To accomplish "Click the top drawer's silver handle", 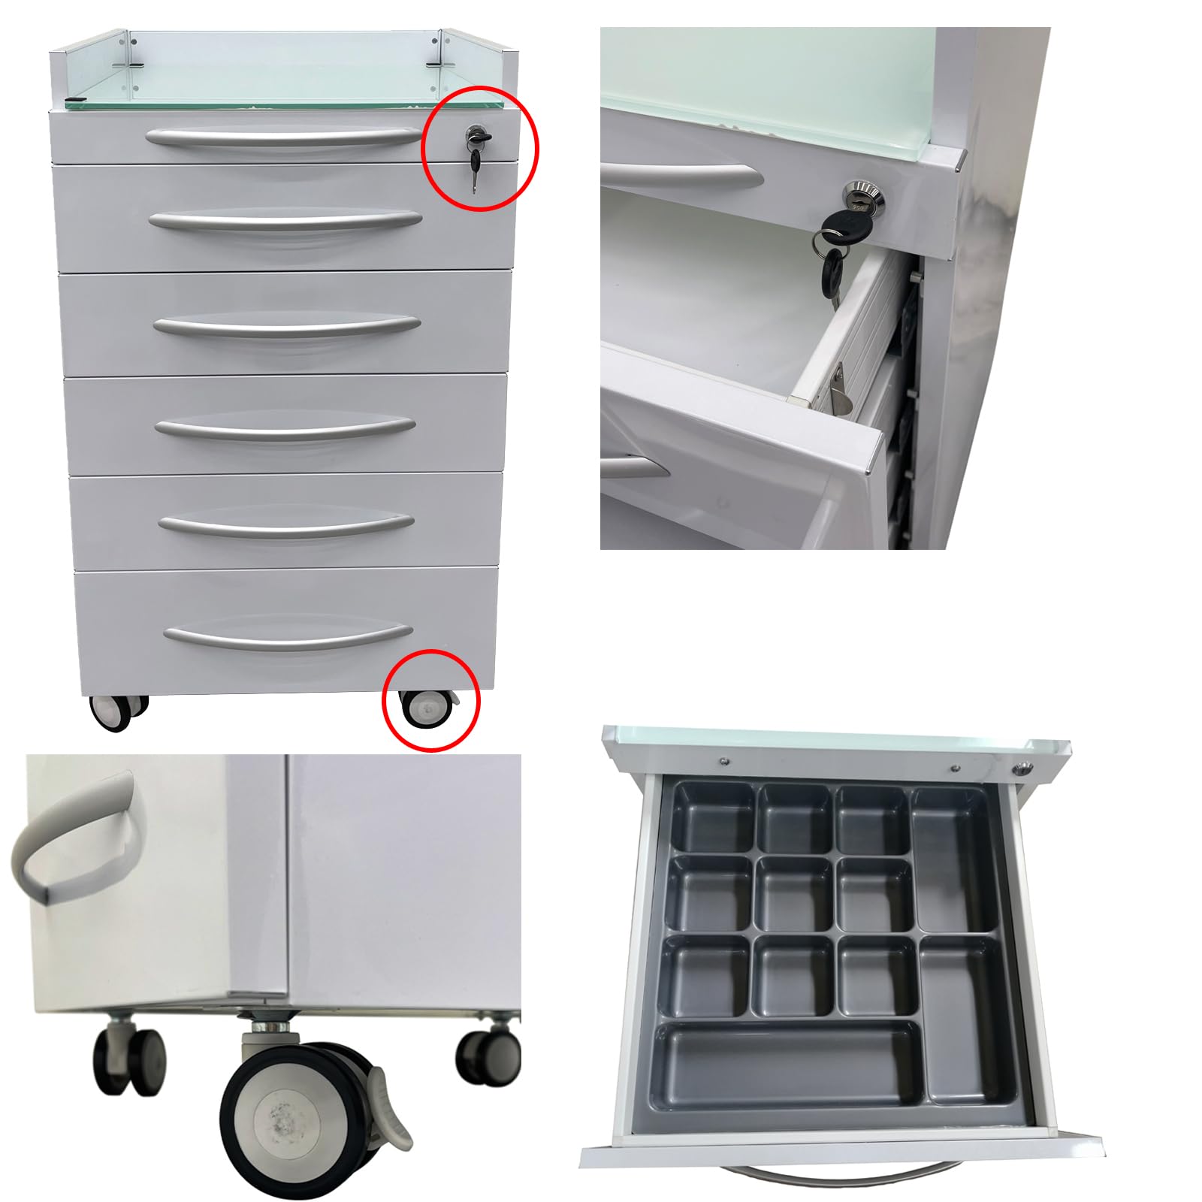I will point(284,138).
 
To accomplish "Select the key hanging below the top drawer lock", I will point(475,167).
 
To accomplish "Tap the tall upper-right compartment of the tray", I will point(950,856).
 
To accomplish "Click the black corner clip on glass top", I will point(74,101).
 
